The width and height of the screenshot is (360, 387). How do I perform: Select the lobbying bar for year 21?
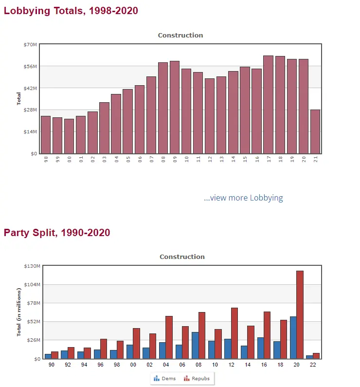[x=315, y=131]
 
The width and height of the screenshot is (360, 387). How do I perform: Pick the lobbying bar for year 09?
[x=175, y=107]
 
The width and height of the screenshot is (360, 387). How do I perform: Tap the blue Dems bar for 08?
[x=195, y=345]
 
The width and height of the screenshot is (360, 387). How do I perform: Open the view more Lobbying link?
[x=243, y=198]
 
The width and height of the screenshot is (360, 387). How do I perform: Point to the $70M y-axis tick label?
[x=30, y=44]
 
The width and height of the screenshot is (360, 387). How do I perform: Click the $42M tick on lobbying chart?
[x=30, y=88]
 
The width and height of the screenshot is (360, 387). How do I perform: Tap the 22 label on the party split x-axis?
[x=313, y=364]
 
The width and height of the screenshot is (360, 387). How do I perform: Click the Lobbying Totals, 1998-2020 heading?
[x=71, y=11]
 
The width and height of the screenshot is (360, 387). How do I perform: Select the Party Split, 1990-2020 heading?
[x=57, y=233]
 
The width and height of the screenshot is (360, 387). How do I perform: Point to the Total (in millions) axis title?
[x=19, y=312]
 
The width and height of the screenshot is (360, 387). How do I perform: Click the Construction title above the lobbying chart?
[x=180, y=35]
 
